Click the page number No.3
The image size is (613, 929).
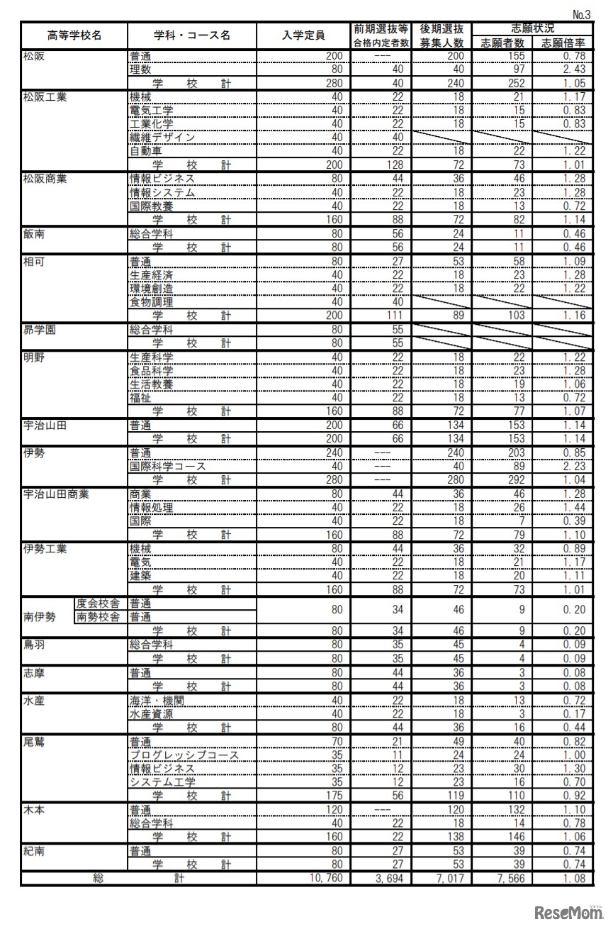click(x=581, y=14)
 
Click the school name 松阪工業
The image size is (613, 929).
click(x=45, y=97)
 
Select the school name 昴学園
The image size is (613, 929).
click(x=39, y=330)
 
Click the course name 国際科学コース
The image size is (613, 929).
click(x=168, y=467)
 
